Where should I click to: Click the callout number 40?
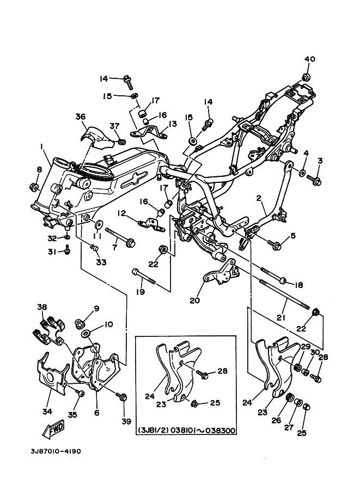[310, 59]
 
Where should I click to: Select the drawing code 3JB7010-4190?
[56, 451]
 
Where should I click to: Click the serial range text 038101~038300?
[203, 430]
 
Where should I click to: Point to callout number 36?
[81, 116]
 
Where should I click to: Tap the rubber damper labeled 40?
[306, 77]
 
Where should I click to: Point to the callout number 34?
[47, 412]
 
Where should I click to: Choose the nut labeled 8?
[34, 188]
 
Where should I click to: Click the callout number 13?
[172, 124]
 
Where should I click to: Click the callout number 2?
[259, 198]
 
